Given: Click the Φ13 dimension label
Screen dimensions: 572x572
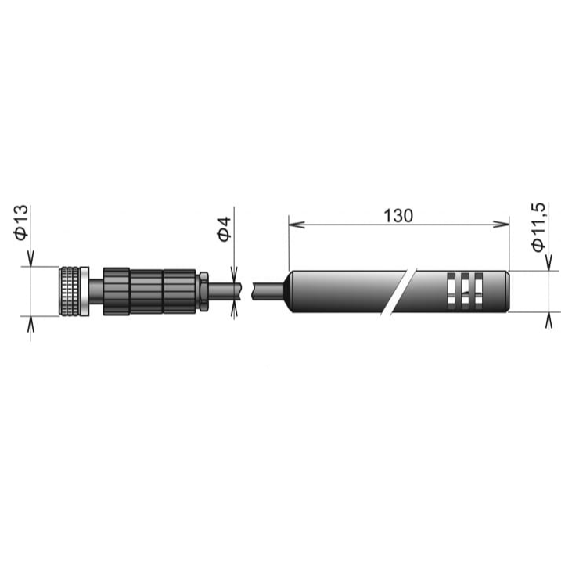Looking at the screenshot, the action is pos(21,222).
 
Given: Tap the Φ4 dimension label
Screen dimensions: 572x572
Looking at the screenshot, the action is pos(225,229).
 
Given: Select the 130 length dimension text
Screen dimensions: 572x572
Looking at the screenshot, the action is pos(398,216).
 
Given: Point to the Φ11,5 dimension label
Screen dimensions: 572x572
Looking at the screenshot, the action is pos(538,227).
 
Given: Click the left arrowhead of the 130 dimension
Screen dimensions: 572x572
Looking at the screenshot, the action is pos(297,225).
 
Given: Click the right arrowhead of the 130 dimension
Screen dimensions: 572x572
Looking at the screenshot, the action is pos(502,225).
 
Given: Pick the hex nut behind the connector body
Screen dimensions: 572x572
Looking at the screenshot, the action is pos(203,291).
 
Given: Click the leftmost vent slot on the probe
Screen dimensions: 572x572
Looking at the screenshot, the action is pos(451,291).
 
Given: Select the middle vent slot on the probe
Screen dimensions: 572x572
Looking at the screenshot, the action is pos(465,291).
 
